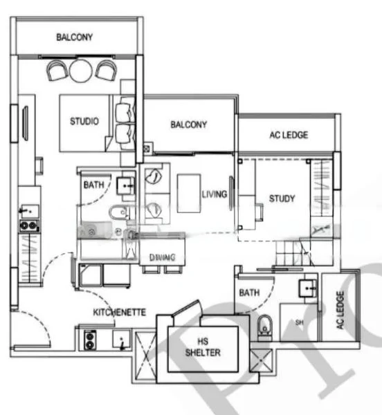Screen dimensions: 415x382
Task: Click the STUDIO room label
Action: (84, 122)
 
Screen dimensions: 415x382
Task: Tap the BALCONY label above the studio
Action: (74, 37)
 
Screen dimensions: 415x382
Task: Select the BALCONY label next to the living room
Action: (188, 125)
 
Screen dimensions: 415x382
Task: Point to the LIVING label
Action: (214, 194)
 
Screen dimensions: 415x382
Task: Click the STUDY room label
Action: (282, 199)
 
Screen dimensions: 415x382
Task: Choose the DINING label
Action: (162, 257)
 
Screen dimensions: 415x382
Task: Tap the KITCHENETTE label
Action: (119, 313)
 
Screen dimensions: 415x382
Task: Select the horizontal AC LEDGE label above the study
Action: (289, 135)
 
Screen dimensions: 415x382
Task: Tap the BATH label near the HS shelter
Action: (249, 293)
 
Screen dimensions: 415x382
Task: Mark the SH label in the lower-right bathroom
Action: (299, 322)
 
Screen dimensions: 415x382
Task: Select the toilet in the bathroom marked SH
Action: (263, 326)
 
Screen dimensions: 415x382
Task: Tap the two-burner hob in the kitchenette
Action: (91, 339)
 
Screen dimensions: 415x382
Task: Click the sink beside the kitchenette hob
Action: (122, 340)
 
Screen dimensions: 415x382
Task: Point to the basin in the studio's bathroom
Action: (125, 185)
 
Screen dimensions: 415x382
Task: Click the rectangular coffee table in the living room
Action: (188, 193)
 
